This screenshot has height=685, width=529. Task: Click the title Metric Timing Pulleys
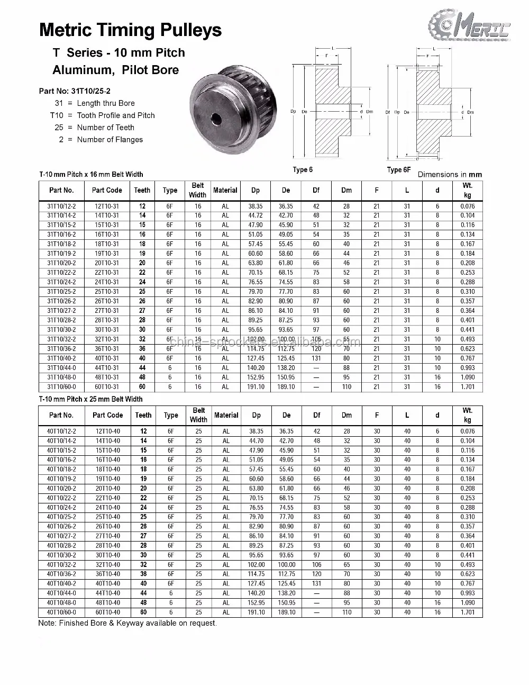pos(131,30)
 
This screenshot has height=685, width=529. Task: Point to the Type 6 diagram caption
pos(303,170)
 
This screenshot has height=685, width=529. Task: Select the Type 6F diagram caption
pos(398,170)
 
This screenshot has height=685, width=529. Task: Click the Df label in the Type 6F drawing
pos(388,112)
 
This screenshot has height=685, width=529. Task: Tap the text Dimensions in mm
pos(450,174)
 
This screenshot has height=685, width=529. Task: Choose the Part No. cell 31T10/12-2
pos(61,206)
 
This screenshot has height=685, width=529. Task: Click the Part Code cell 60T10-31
pos(107,387)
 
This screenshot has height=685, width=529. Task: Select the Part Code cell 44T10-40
pos(107,593)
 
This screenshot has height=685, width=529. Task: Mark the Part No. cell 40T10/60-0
pos(61,612)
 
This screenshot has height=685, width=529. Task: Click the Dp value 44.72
pos(256,215)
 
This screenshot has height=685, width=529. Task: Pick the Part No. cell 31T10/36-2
pos(61,349)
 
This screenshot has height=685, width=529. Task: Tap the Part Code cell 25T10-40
pos(107,517)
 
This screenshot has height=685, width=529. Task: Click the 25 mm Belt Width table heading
pos(90,399)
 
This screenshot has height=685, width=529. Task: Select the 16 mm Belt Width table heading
pos(91,174)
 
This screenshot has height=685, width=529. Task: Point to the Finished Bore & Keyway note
pos(127,623)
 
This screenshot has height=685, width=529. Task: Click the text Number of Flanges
pos(110,140)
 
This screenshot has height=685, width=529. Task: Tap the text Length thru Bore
pos(106,103)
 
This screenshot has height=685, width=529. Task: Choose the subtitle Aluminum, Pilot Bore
pos(115,70)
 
